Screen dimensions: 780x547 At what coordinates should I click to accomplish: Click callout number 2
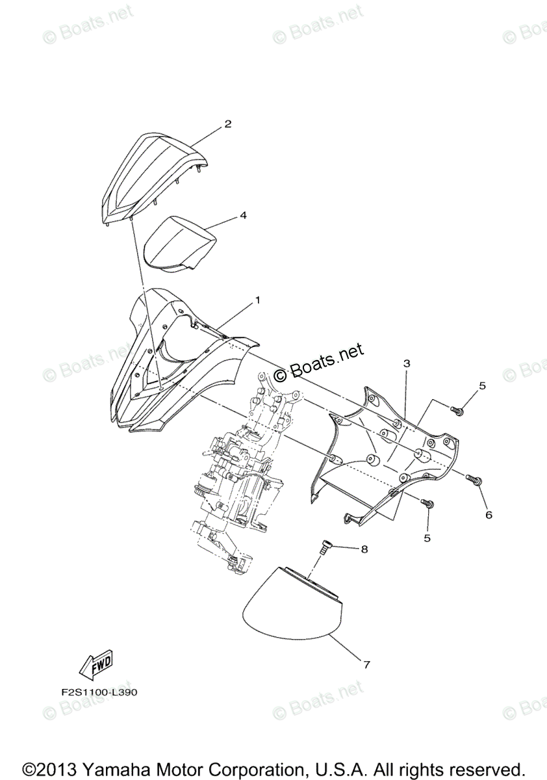228,123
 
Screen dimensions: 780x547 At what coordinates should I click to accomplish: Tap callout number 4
243,215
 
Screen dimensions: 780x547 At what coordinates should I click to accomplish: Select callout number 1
257,300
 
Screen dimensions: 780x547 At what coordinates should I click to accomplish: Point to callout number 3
406,365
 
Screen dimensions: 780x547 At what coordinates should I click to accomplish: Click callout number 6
489,515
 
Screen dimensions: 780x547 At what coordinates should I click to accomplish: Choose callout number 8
364,549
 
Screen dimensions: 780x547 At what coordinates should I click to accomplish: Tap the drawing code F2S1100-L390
96,692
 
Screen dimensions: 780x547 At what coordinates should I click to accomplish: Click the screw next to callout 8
324,547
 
